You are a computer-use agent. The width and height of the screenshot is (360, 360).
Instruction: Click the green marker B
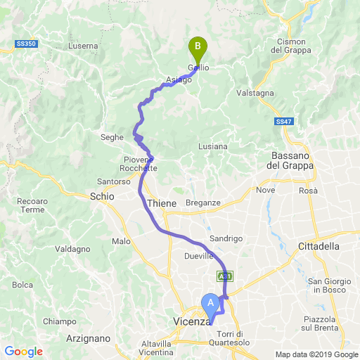[x=198, y=48]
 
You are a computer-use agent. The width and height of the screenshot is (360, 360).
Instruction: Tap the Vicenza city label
[x=192, y=322]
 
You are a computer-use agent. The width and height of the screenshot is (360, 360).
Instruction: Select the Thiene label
[x=162, y=203]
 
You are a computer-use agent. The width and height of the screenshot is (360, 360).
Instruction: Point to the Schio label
[x=102, y=197]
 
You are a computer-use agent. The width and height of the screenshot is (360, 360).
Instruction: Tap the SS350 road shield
[x=26, y=44]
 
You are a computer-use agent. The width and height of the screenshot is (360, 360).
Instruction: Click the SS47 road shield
[x=283, y=122]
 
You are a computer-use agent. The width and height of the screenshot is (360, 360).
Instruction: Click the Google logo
[x=23, y=352]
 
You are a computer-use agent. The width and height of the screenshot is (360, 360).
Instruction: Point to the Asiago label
[x=179, y=79]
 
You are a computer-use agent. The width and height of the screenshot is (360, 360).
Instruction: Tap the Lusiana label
[x=212, y=146]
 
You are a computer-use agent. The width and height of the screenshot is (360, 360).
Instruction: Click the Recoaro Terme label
[x=31, y=205]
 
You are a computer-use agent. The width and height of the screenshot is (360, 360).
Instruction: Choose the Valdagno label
[x=72, y=249]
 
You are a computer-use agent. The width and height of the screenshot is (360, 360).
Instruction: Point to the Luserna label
[x=84, y=46]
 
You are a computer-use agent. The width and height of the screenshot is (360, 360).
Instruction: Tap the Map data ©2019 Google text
[x=316, y=354]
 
